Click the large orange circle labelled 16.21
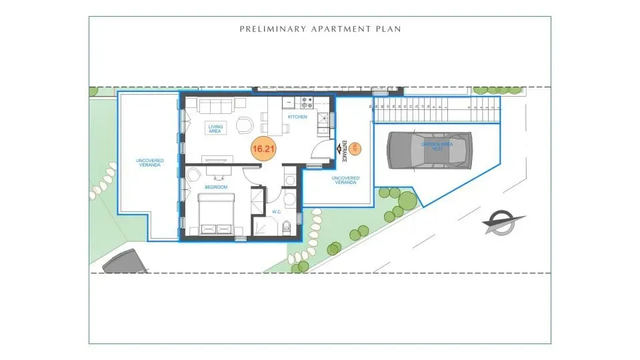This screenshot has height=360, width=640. coord(263,149)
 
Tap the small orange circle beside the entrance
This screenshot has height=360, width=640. coord(355,149)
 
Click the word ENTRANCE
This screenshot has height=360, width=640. coord(345,151)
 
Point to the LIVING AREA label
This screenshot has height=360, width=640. coord(215,128)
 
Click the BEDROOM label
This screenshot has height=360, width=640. coord(216,187)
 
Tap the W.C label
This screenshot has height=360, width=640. coord(276,212)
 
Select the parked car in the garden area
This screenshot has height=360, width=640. coord(429,151)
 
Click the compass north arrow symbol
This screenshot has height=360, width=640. coord(505,223)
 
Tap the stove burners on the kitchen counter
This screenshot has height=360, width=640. coord(307,103)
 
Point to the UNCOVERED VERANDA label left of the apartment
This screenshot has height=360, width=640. coord(149,163)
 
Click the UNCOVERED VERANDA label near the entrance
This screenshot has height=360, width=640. coord(345,181)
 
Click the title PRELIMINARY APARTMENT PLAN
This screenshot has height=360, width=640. coord(320,29)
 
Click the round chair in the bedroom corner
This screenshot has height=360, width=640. coord(193,175)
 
